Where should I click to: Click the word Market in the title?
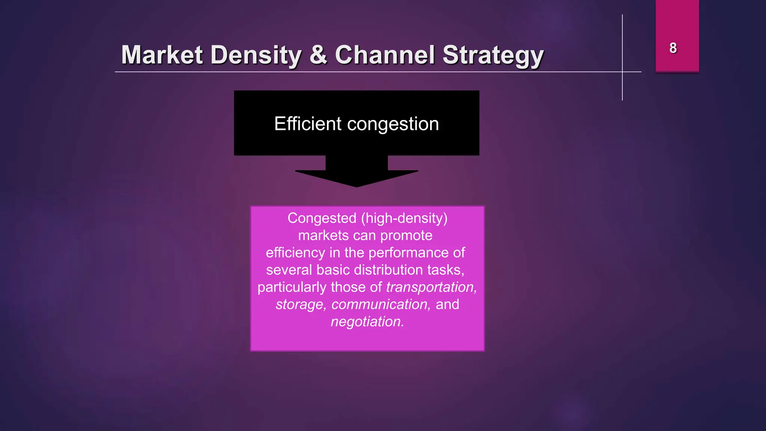coord(162,55)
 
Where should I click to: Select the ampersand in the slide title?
coord(318,55)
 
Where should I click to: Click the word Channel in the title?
coord(385,55)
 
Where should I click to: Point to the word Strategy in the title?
coord(493,56)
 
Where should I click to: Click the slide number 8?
coord(673,48)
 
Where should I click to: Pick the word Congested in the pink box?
coord(322,218)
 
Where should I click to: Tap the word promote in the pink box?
coord(406,236)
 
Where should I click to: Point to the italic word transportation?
coord(431,287)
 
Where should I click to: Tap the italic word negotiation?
coord(367,322)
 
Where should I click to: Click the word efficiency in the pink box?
coord(295,253)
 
